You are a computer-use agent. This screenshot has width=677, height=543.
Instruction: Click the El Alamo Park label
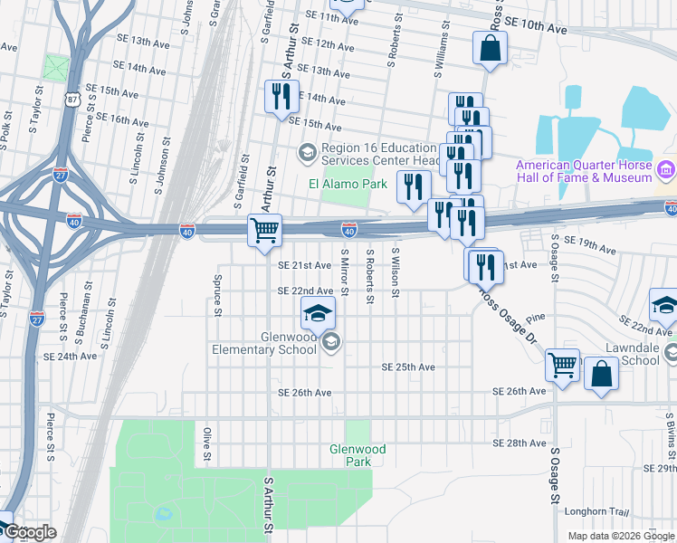click(x=348, y=184)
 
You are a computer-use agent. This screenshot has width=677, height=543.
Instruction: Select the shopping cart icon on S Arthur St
click(x=264, y=231)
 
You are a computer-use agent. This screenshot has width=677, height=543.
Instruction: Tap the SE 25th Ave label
click(x=408, y=367)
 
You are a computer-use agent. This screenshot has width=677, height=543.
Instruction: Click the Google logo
click(x=29, y=533)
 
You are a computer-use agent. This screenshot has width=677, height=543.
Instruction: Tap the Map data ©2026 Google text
click(x=620, y=536)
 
